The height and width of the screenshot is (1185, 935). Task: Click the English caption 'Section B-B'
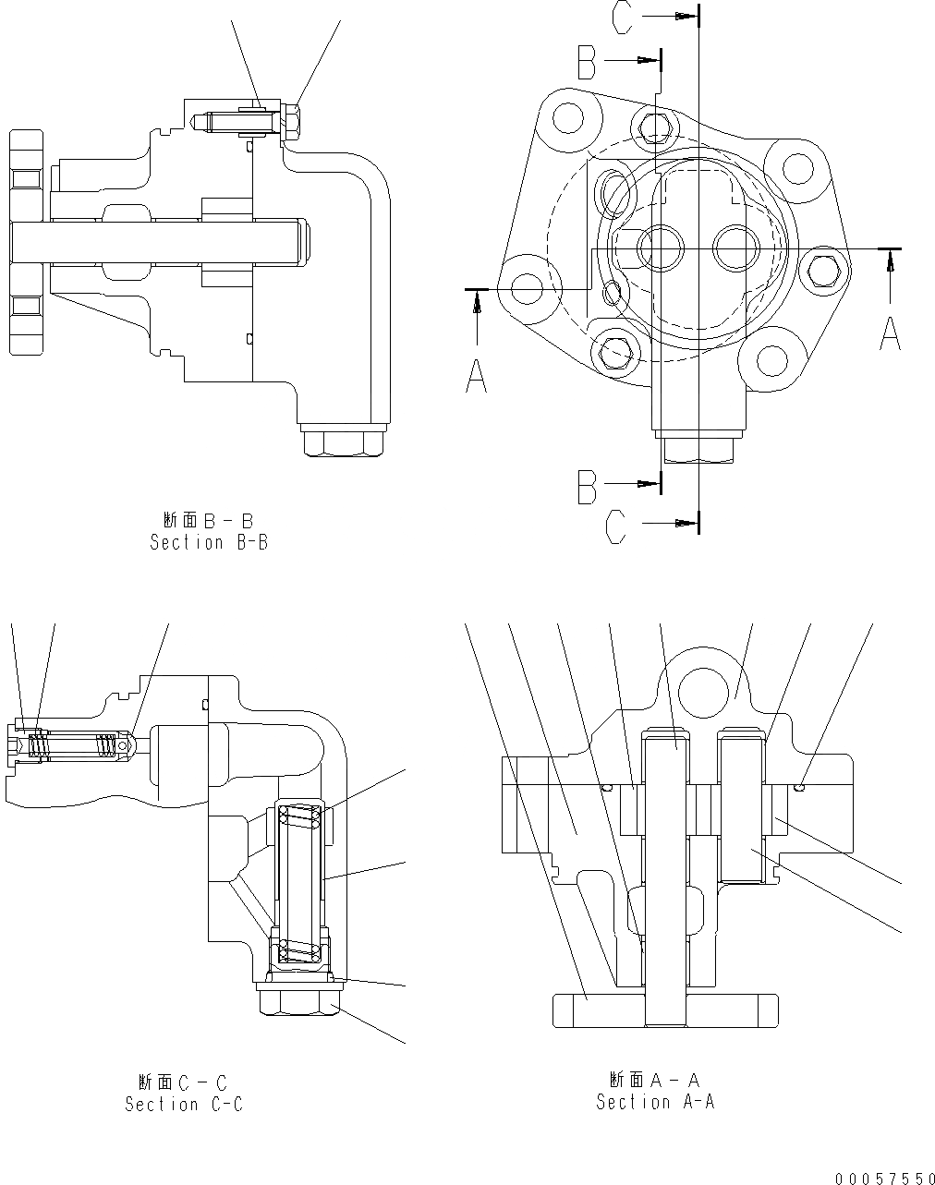pyautogui.click(x=209, y=543)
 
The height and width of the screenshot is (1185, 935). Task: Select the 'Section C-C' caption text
pyautogui.click(x=184, y=1104)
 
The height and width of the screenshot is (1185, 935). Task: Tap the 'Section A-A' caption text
pyautogui.click(x=655, y=1102)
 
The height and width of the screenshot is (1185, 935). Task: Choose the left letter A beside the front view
pyautogui.click(x=476, y=375)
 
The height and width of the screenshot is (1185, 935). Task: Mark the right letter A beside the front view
pyautogui.click(x=890, y=333)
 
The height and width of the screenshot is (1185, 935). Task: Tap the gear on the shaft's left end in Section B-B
pyautogui.click(x=27, y=242)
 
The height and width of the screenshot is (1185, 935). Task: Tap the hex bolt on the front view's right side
pyautogui.click(x=821, y=269)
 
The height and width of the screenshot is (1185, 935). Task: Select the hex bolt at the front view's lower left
pyautogui.click(x=613, y=350)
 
